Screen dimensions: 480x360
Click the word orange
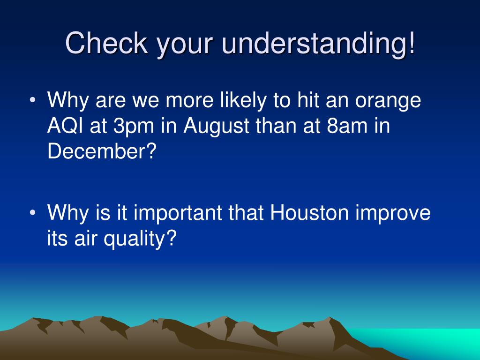pyautogui.click(x=388, y=102)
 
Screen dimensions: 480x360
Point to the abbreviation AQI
pyautogui.click(x=65, y=126)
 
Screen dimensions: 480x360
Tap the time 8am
pyautogui.click(x=347, y=126)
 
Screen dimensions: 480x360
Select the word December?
pyautogui.click(x=102, y=151)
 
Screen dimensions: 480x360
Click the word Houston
pyautogui.click(x=309, y=212)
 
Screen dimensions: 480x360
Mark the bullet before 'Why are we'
pyautogui.click(x=33, y=100)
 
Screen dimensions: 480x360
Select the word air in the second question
pyautogui.click(x=84, y=238)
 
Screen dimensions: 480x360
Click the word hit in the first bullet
pyautogui.click(x=307, y=100)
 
